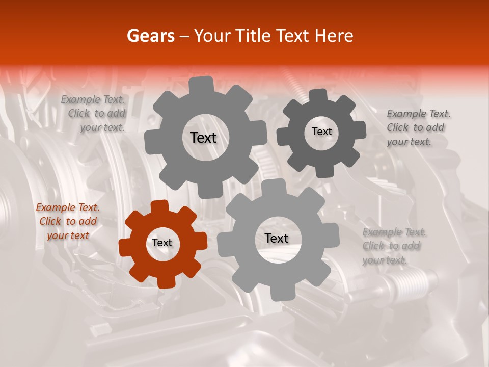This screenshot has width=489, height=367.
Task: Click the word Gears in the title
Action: tap(150, 36)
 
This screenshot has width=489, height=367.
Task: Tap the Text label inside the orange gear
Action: tap(162, 243)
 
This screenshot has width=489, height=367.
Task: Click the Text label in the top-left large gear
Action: tap(203, 138)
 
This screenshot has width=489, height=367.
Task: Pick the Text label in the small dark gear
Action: tap(321, 132)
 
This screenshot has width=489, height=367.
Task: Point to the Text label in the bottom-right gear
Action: tap(277, 238)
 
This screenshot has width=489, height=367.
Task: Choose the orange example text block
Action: tap(68, 221)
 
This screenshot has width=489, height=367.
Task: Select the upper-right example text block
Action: tap(418, 127)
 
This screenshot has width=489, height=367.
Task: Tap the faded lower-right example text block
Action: tap(394, 246)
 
